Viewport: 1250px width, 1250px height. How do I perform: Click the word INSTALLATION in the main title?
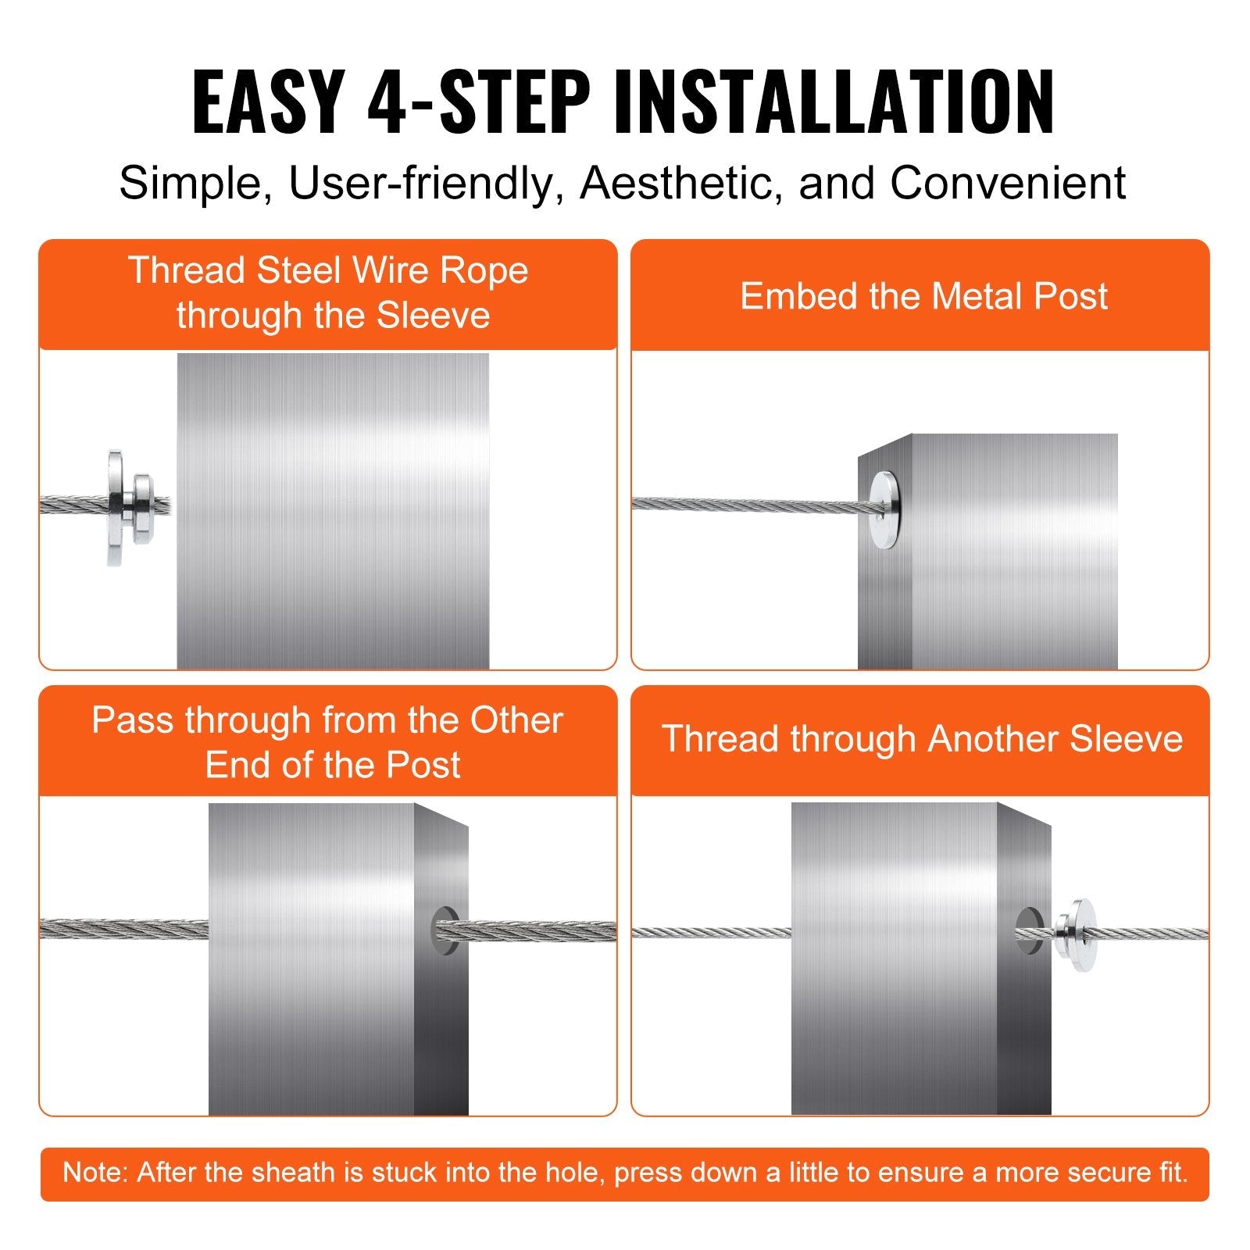click(834, 102)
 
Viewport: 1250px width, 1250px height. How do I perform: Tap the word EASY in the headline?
click(268, 102)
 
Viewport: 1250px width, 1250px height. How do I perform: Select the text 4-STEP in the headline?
click(478, 102)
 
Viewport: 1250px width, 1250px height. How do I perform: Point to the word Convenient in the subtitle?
click(1007, 184)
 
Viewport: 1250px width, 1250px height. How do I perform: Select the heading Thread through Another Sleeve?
click(922, 739)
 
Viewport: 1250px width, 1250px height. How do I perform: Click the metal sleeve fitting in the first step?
click(129, 506)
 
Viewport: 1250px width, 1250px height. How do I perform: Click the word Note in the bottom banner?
click(95, 1173)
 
